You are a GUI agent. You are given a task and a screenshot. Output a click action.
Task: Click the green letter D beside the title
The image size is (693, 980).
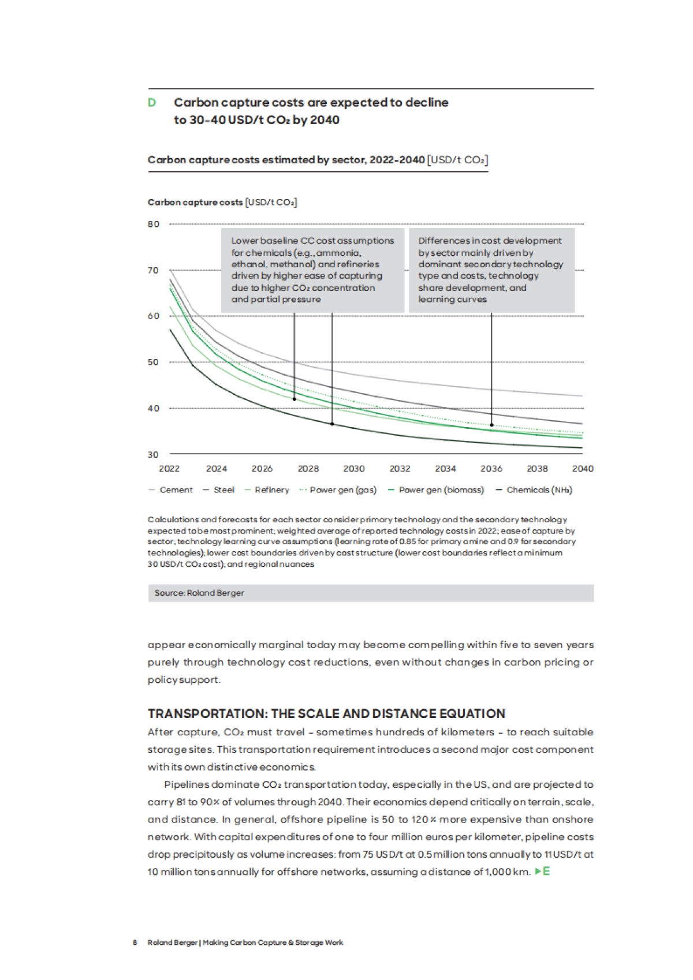coord(152,103)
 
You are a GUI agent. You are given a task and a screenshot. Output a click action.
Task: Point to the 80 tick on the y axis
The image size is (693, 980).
coord(154,224)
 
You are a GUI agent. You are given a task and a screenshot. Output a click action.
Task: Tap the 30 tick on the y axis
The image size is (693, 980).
coord(153,455)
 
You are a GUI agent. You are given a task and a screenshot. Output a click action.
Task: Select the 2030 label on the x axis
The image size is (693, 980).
coord(354,469)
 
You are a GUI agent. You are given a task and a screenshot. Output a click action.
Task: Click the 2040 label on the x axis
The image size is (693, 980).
coord(583,469)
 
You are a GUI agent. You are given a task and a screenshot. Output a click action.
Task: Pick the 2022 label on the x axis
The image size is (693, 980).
coord(169,469)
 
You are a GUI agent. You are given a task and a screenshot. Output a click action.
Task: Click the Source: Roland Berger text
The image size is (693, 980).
coord(199,593)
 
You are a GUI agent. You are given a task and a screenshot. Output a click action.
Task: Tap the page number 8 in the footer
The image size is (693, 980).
coord(135,942)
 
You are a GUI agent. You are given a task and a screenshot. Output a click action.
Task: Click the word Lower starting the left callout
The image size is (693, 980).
coord(244,241)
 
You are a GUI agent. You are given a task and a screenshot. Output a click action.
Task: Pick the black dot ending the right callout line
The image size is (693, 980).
coord(491,425)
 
